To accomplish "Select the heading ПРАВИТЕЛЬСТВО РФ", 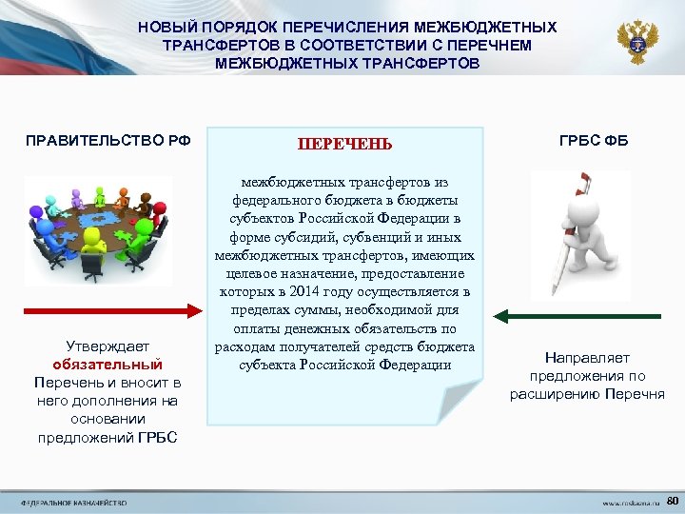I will coord(108,141).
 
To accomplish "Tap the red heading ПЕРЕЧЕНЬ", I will coord(344,144).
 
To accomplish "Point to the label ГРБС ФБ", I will coord(594,141).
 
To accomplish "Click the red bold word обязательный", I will coord(108,365).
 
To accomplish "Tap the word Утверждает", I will coord(108,346).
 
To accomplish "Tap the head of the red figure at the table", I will coord(160,207).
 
